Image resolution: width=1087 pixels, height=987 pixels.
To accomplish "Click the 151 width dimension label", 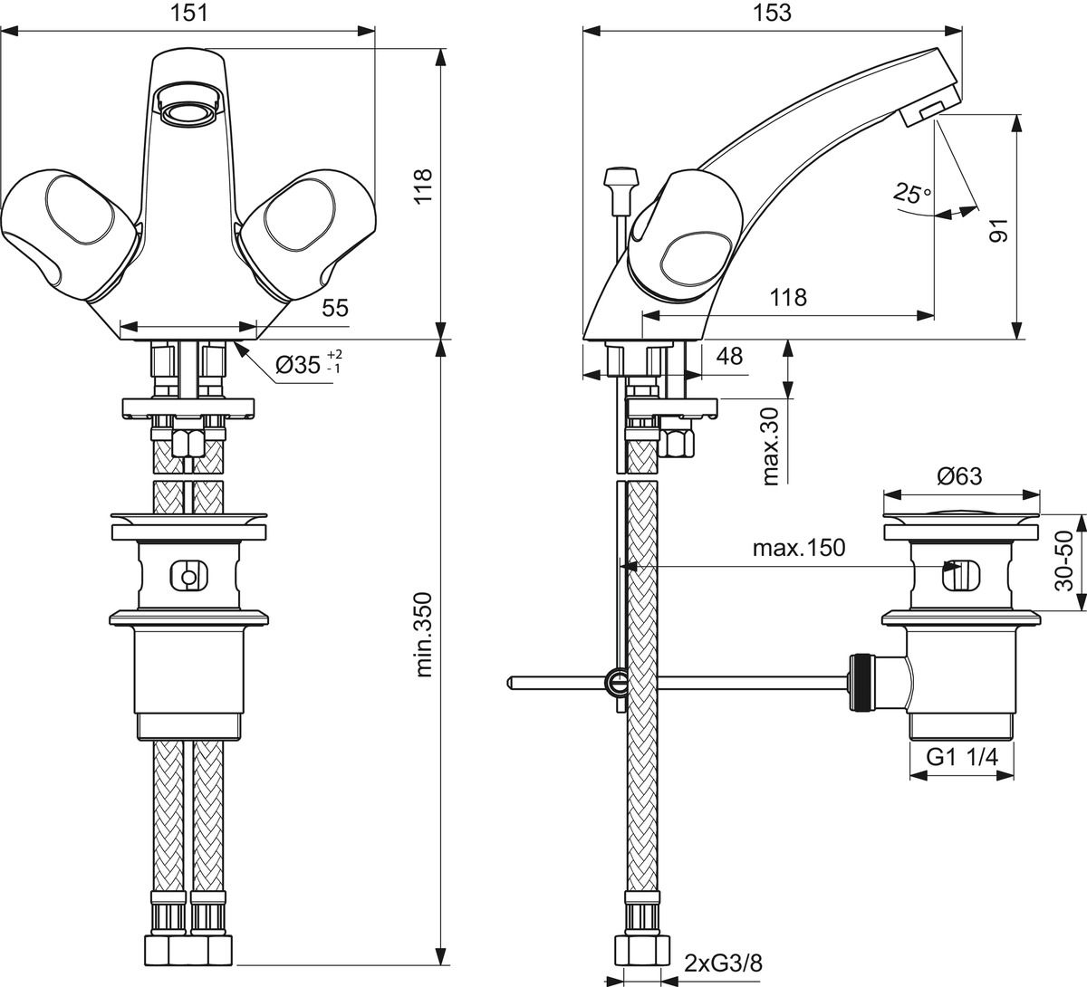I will coord(188,13).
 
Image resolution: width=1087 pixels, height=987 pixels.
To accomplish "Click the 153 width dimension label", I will coord(772,13).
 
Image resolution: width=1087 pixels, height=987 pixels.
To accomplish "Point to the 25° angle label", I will coord(911,193).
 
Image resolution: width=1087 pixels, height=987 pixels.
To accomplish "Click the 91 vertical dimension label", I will coord(998,227).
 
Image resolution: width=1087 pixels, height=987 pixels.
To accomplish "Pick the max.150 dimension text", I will coord(798,548).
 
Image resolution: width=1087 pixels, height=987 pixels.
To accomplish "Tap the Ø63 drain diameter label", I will coord(959,476).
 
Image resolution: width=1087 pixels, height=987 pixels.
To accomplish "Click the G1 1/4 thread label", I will coord(961,759).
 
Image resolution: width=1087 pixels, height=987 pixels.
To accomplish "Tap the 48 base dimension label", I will coord(728,356).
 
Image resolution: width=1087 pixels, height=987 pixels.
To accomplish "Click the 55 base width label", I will coord(334,308).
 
